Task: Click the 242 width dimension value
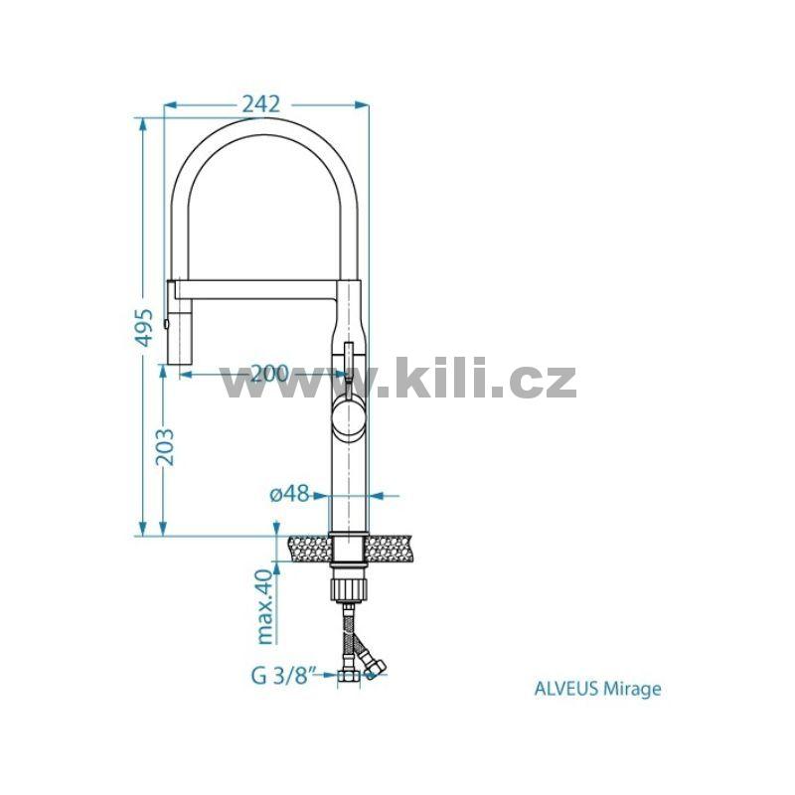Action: pos(261,104)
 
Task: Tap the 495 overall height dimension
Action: pos(144,328)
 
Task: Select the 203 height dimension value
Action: pos(164,447)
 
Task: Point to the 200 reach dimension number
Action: pos(269,375)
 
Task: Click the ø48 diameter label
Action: pos(289,493)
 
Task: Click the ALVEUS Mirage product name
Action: pos(598,689)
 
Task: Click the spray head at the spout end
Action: pos(179,321)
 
